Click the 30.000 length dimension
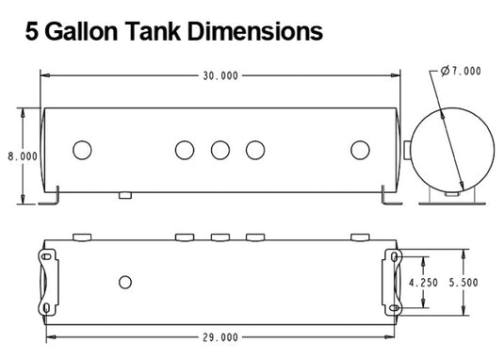pos(220,75)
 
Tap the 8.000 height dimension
pos(23,156)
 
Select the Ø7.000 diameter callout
pos(461,71)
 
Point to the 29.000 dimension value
pos(220,337)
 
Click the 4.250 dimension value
pos(423,283)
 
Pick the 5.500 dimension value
pos(463,283)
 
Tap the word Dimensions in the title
pos(255,31)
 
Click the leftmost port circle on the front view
pos(82,150)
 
